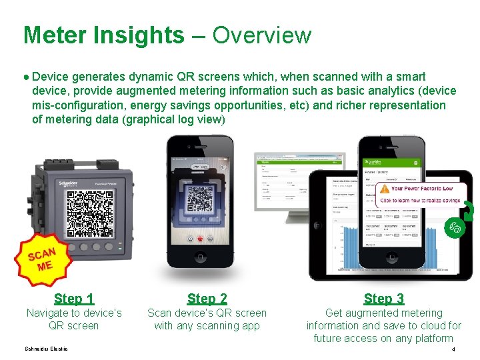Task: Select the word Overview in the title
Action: click(262, 35)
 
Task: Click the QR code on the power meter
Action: click(90, 214)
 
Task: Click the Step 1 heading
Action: click(74, 299)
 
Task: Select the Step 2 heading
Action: click(207, 299)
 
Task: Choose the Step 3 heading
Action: click(384, 299)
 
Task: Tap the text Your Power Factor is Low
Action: click(421, 189)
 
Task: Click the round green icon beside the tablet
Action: click(455, 227)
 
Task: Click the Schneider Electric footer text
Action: click(46, 349)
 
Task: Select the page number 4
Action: click(453, 349)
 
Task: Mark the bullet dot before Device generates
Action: click(26, 77)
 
